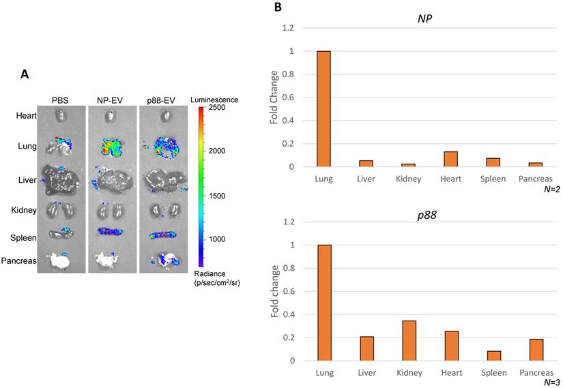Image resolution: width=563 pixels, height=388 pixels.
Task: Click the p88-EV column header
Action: point(162,100)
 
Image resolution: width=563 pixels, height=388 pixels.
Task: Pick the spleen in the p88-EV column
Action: point(162,235)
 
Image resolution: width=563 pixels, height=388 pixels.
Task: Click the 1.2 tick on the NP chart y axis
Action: point(289,28)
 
